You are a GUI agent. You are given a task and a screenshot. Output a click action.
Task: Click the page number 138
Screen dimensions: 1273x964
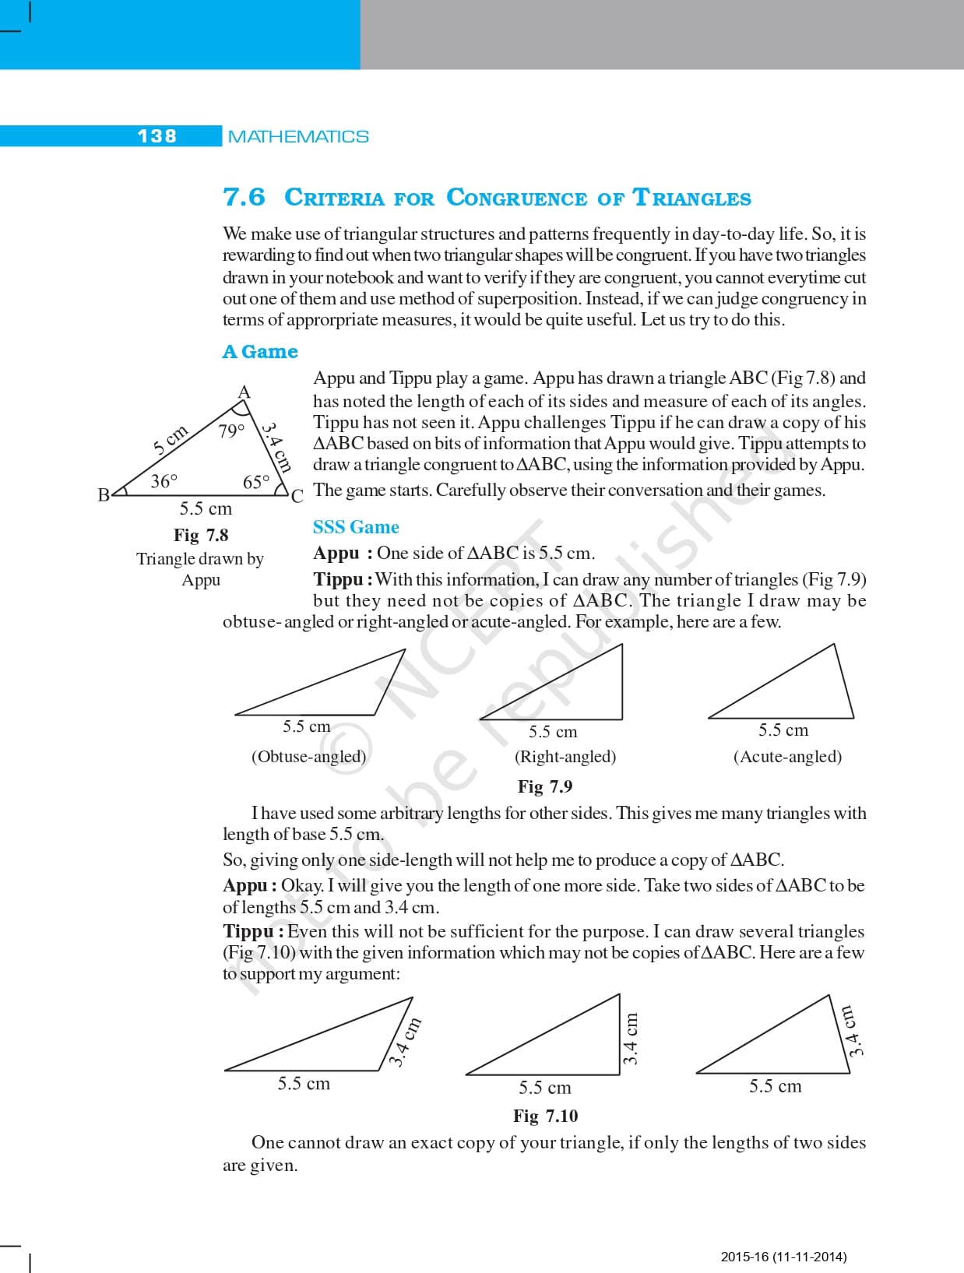157,136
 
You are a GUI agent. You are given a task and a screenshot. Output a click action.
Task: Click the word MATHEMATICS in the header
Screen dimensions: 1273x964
298,137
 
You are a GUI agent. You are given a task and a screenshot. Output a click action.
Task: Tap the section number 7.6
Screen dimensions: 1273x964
244,197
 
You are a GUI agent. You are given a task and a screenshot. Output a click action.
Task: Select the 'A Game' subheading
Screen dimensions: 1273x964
260,352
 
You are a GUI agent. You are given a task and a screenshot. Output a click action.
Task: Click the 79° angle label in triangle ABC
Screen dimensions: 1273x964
231,431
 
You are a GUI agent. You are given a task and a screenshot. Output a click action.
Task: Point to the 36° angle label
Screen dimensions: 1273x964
164,481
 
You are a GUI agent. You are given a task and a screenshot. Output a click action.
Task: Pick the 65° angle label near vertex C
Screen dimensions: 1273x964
255,483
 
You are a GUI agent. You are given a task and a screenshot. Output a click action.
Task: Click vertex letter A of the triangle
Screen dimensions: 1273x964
244,392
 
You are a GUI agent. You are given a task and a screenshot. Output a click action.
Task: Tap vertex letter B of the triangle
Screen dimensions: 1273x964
104,494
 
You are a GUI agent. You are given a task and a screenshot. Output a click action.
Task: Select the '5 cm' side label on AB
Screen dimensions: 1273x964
171,439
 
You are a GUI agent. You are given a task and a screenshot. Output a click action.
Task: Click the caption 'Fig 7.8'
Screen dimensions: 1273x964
201,535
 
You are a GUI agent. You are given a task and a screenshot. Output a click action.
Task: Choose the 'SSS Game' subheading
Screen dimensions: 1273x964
356,527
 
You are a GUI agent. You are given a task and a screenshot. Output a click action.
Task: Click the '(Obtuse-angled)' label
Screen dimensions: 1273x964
308,756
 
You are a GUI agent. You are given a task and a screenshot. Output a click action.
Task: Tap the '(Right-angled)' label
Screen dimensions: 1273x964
565,756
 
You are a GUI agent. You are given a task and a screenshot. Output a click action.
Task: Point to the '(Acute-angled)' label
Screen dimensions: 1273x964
787,756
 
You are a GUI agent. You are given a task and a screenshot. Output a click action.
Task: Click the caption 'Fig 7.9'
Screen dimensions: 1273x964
545,786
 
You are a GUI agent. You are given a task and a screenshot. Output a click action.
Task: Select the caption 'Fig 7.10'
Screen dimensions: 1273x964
545,1116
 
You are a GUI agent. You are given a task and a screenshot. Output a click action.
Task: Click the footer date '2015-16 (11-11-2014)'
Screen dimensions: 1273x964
783,1256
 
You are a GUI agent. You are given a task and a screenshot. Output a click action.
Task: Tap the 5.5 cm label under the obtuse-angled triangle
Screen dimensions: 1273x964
306,726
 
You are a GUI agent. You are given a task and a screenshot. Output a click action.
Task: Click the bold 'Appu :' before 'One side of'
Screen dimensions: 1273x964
342,554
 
